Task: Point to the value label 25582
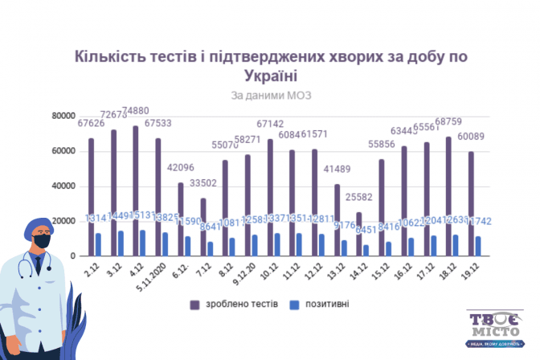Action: (360, 196)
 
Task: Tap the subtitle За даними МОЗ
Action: (270, 95)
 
